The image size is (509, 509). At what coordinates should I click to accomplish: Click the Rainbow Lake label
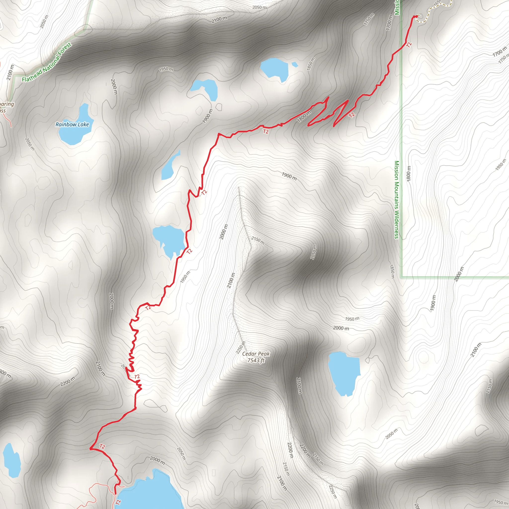click(x=72, y=124)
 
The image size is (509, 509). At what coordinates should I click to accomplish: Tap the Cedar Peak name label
click(x=256, y=354)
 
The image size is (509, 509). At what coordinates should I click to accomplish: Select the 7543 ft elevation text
click(x=256, y=360)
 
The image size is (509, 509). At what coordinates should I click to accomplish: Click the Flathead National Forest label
click(x=47, y=62)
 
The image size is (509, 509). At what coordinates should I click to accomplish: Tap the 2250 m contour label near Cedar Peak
click(x=240, y=347)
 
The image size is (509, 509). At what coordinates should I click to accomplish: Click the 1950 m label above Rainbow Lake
click(x=166, y=69)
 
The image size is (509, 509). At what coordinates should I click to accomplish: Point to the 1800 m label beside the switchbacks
click(x=304, y=116)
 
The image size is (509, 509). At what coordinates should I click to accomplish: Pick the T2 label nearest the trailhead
click(x=409, y=45)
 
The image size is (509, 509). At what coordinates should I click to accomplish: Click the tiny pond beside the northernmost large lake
click(x=295, y=64)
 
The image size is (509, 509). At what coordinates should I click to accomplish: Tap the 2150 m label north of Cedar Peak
click(x=258, y=240)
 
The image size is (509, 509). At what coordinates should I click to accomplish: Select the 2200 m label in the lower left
click(x=68, y=382)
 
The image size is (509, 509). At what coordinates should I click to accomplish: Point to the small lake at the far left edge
click(x=12, y=460)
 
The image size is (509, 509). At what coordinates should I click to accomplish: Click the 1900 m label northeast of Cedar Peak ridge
click(x=289, y=176)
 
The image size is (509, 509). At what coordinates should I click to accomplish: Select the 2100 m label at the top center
click(x=219, y=19)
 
